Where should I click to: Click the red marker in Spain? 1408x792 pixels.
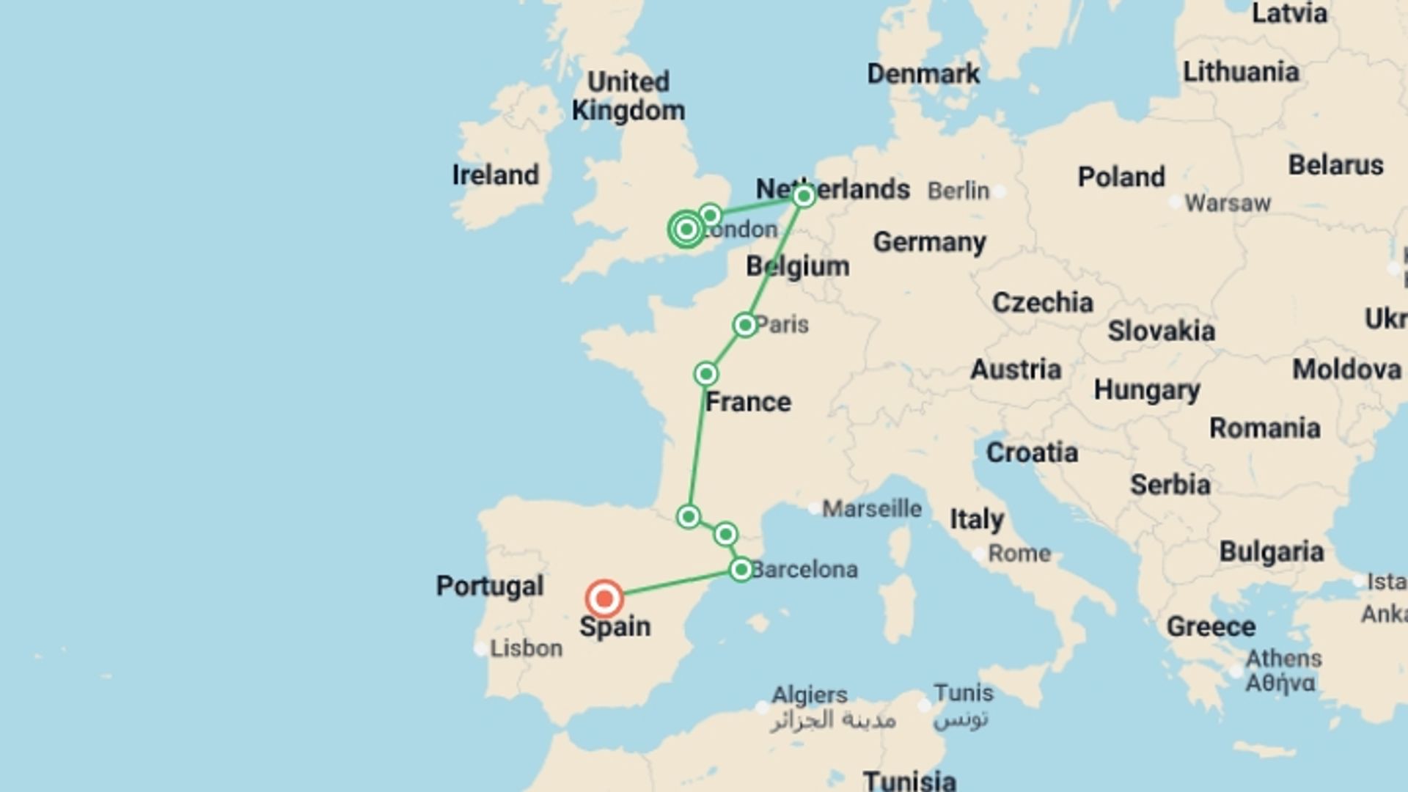click(604, 599)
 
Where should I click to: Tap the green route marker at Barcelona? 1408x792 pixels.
click(741, 569)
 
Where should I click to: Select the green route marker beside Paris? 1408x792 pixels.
click(745, 325)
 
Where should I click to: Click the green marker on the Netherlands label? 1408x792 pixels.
click(804, 196)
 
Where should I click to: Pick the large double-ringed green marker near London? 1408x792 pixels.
click(686, 230)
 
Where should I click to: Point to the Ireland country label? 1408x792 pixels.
click(495, 175)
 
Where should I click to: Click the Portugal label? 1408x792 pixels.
click(490, 586)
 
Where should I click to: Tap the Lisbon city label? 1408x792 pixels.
click(526, 648)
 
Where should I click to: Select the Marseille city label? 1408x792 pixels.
click(871, 508)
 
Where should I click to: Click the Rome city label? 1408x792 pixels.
click(1019, 554)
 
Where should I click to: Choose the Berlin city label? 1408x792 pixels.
click(958, 191)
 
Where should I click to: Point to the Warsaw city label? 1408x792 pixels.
click(1227, 203)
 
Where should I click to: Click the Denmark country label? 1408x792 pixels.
click(923, 73)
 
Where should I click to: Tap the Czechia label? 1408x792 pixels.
click(1042, 302)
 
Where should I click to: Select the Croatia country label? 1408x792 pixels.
click(1031, 452)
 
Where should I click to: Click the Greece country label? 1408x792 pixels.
click(1211, 627)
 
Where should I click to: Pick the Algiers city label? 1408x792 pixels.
click(809, 694)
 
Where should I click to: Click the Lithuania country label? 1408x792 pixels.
click(1241, 72)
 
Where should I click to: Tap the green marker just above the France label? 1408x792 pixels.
click(705, 375)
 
